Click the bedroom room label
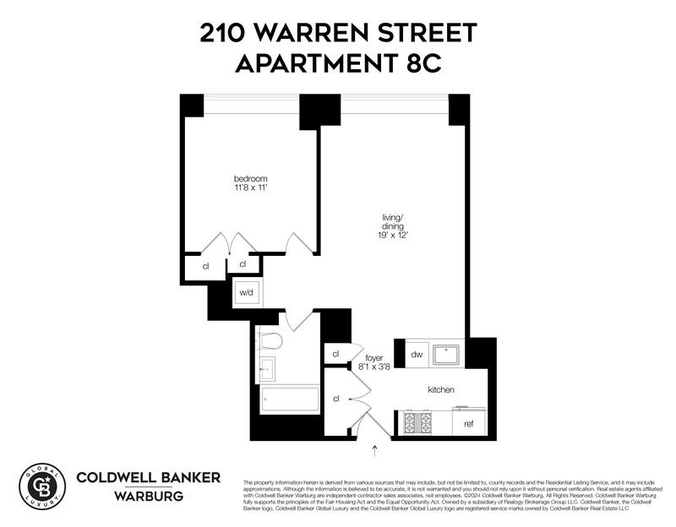click(x=251, y=178)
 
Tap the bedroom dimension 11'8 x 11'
click(x=251, y=189)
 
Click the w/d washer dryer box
click(x=246, y=292)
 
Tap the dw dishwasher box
click(x=417, y=355)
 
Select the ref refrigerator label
click(x=468, y=423)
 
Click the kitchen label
click(x=441, y=390)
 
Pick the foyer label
click(x=374, y=357)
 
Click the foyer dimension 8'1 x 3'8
click(x=374, y=367)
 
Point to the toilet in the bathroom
click(x=270, y=341)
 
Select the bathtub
click(x=289, y=399)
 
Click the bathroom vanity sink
click(x=267, y=369)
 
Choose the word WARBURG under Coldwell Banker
click(x=148, y=495)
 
